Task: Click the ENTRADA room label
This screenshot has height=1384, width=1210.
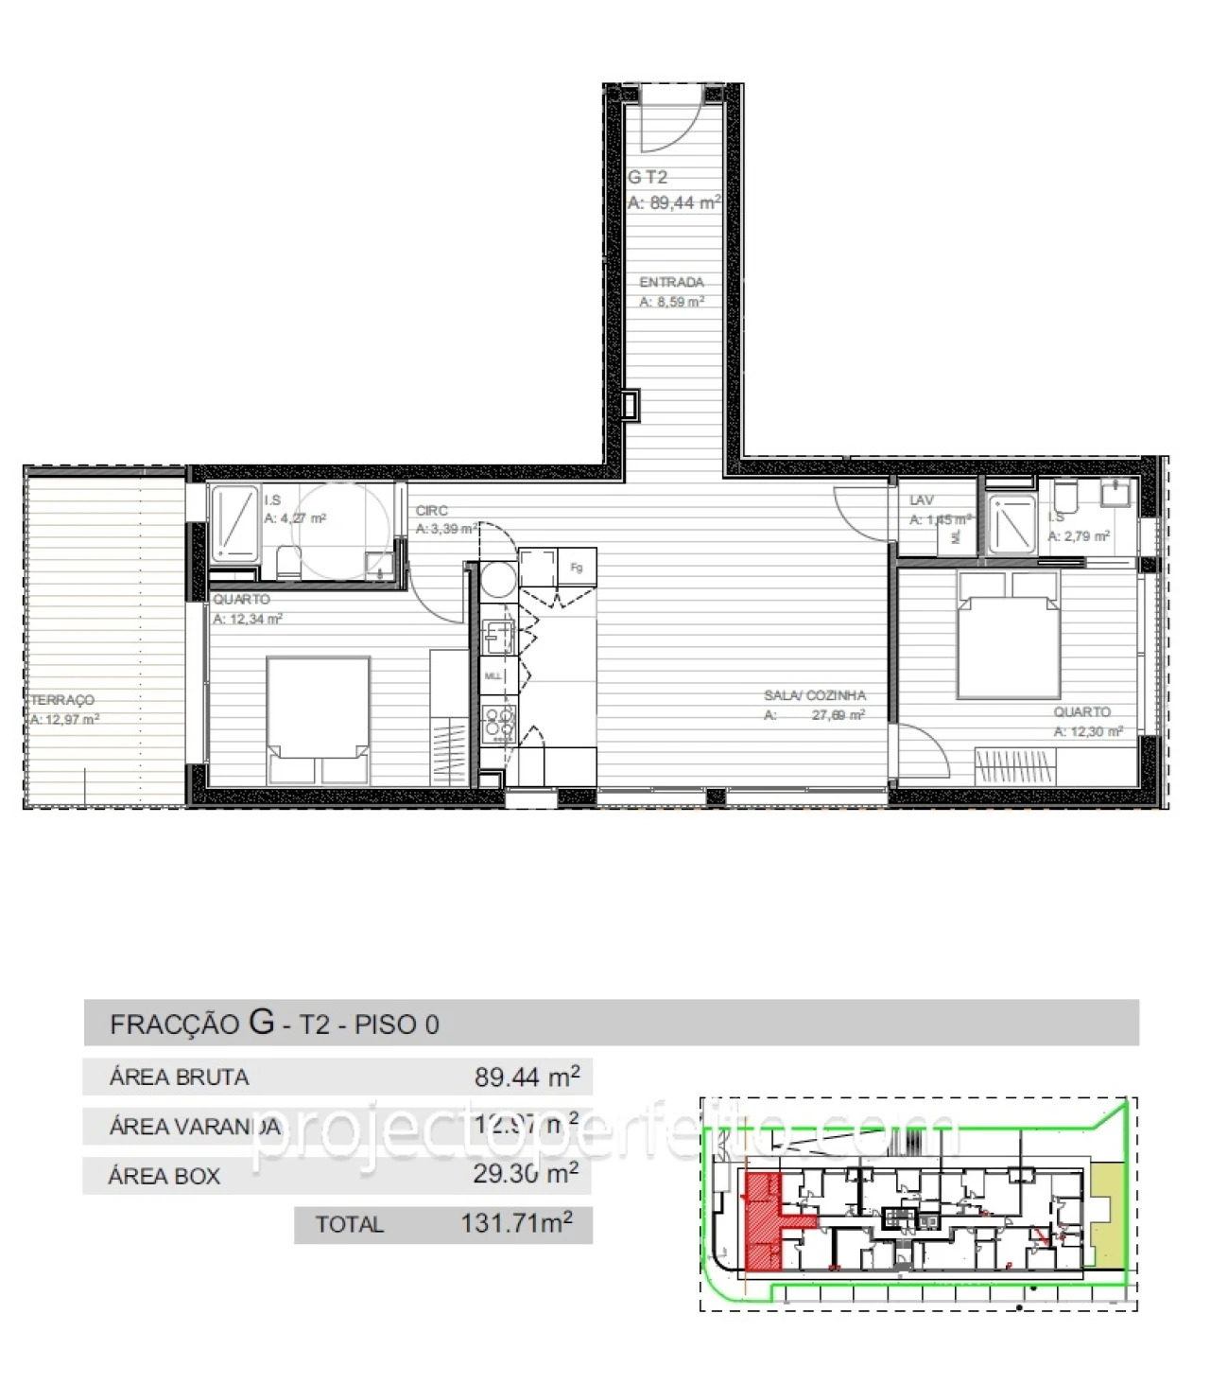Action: tap(671, 282)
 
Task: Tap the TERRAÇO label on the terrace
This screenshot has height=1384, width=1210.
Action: tap(62, 700)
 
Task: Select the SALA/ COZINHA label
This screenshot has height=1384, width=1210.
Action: tap(814, 695)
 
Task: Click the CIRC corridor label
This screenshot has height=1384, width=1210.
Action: tap(431, 511)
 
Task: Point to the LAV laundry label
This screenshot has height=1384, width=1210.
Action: tap(921, 500)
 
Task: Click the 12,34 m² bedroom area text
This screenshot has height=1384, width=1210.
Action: tap(248, 620)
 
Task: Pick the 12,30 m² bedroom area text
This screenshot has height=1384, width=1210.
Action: tap(1088, 731)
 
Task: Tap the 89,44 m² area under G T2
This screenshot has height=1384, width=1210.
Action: tap(674, 202)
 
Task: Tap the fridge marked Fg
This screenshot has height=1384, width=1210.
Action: tap(576, 568)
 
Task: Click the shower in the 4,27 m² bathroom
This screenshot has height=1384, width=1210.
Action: tap(233, 521)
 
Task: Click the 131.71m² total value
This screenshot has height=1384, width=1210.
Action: tap(516, 1223)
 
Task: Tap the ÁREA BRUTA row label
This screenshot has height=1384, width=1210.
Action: tap(179, 1077)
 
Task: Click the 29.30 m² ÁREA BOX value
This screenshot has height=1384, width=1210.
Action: tap(526, 1174)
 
